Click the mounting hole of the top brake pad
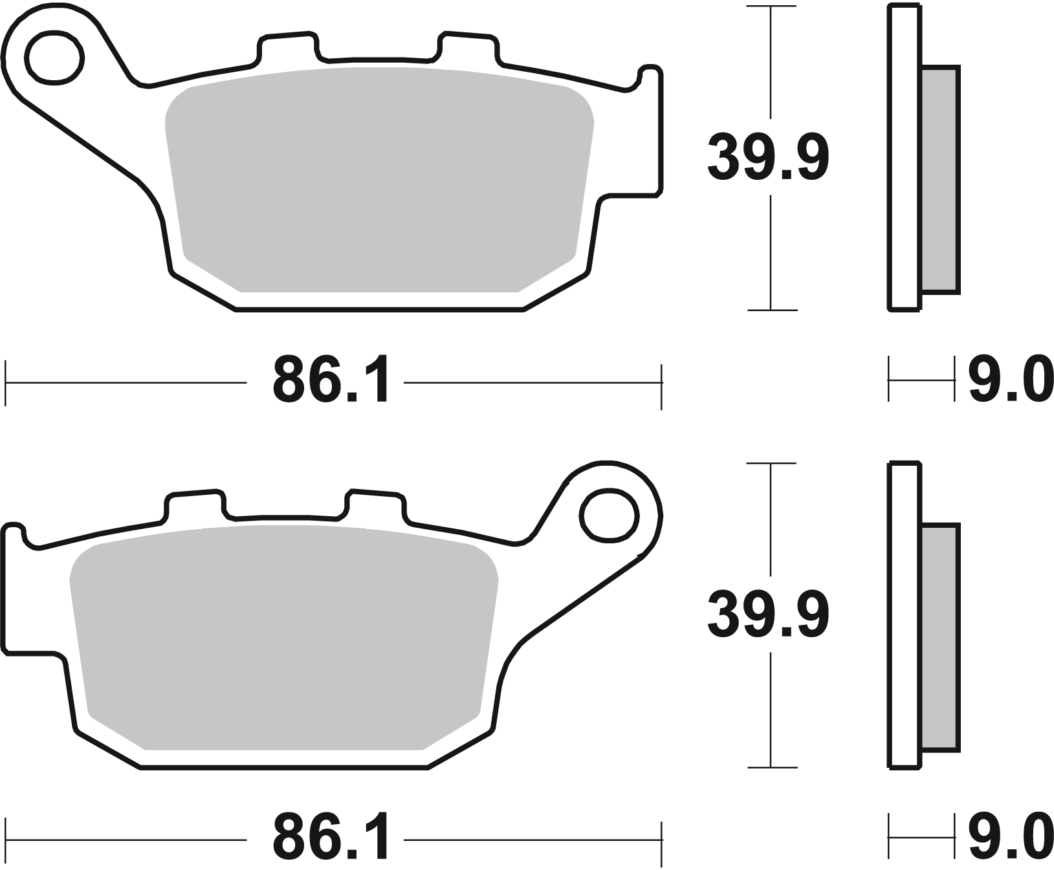[x=55, y=59]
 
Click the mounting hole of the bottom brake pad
[x=609, y=515]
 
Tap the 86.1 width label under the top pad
[x=331, y=380]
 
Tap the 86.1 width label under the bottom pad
[x=331, y=838]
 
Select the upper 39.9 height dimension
[x=768, y=157]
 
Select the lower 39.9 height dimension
[x=768, y=615]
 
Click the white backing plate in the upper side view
[x=905, y=157]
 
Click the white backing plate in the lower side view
[x=905, y=615]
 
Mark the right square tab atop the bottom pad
[x=376, y=505]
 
